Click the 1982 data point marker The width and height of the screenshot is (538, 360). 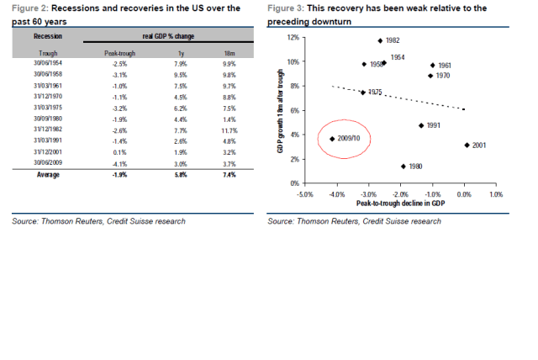coord(380,40)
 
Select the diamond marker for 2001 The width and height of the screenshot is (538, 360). coord(467,146)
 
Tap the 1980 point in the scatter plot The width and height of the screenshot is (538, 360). coord(403,167)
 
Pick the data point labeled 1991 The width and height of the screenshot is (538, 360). coord(421,125)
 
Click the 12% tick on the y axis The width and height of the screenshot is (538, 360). coord(293,38)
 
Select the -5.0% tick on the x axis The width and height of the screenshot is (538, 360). coord(305,193)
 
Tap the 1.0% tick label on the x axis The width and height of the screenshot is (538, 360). coord(496,193)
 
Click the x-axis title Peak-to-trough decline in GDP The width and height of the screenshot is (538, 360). coord(400,204)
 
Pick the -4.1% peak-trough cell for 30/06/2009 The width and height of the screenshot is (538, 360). coord(119,162)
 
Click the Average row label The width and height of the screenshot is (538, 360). coord(46,175)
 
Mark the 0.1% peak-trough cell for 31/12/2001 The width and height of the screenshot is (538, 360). coord(119,152)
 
